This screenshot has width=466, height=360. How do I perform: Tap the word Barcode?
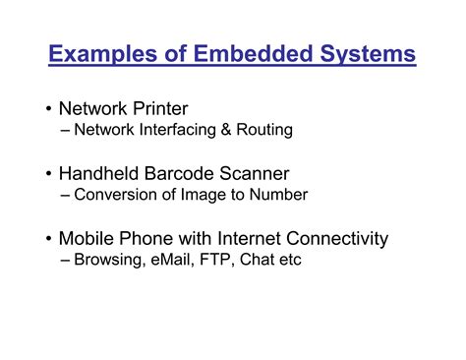click(197, 174)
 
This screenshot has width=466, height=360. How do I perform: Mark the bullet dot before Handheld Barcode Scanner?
click(48, 175)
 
